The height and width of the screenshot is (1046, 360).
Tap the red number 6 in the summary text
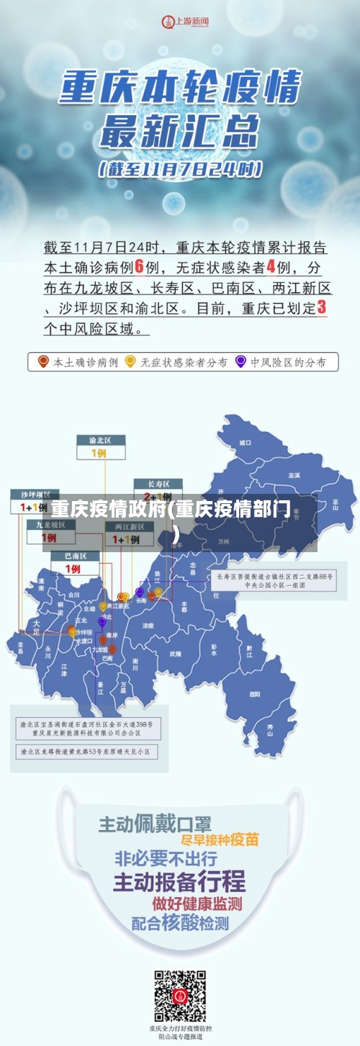tap(140, 267)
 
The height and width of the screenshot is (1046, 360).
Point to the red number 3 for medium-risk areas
tap(322, 307)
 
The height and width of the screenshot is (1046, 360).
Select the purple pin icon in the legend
tap(240, 361)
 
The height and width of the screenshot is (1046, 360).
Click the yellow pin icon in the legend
tap(130, 361)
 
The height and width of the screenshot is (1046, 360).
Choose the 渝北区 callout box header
tap(101, 440)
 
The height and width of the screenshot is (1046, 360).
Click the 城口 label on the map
tap(246, 442)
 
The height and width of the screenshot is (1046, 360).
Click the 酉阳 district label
tap(255, 694)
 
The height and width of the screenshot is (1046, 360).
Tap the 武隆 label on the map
tap(176, 654)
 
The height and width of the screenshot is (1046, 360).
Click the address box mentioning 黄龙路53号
tap(88, 752)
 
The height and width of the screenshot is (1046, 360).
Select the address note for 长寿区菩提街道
tap(275, 580)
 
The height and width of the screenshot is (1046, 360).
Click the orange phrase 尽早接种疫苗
tap(220, 840)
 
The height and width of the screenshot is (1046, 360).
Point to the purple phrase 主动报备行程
tap(179, 880)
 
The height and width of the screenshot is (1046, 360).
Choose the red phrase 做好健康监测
tap(197, 903)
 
